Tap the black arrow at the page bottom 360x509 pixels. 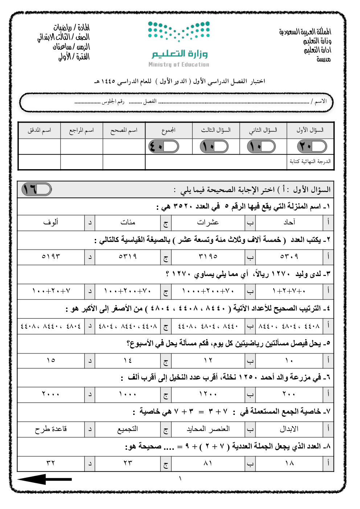[x=44, y=479]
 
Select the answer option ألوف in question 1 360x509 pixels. [x=51, y=222]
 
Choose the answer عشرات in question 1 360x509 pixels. [x=208, y=222]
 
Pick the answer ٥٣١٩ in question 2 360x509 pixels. [x=128, y=256]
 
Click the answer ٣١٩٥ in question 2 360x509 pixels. [x=208, y=256]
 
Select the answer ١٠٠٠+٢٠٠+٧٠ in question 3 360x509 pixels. [x=208, y=291]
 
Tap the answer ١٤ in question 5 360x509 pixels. [x=128, y=360]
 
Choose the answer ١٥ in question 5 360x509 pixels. [x=51, y=360]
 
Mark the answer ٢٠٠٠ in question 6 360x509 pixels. [x=51, y=394]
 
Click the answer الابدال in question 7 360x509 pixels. [x=289, y=429]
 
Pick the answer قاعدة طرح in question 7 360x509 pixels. [x=51, y=429]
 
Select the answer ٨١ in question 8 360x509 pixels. [x=208, y=463]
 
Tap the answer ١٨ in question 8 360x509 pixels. [x=289, y=463]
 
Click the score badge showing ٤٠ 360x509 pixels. [x=164, y=147]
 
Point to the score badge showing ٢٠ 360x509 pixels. [x=312, y=147]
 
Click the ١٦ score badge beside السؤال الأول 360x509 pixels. [x=37, y=189]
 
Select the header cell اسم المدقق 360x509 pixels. [x=39, y=130]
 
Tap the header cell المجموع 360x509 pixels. [x=168, y=130]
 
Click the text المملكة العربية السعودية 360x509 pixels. [x=305, y=32]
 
